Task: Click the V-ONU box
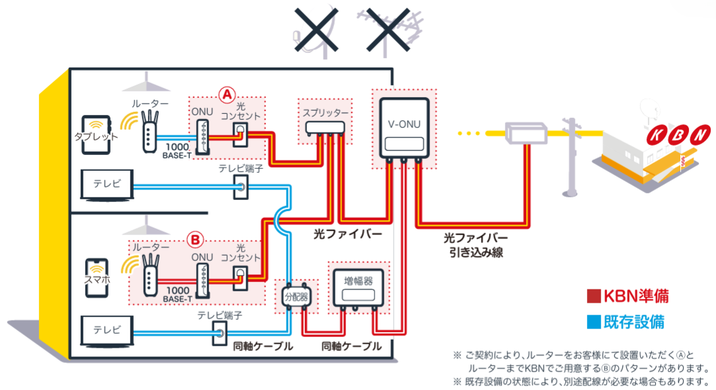coord(404,128)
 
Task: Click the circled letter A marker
coord(227,94)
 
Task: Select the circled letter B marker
coord(196,236)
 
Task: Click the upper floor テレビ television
coord(107,185)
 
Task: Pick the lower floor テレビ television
coord(107,330)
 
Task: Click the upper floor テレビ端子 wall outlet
coord(240,189)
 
